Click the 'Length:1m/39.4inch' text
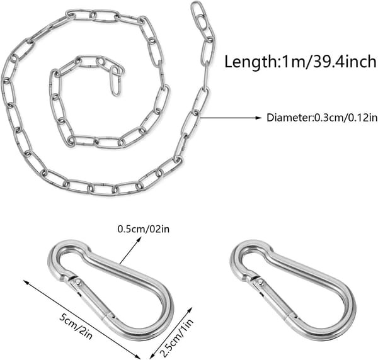pos(300,62)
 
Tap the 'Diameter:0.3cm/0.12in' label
pos(322,118)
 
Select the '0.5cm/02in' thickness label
pos(144,228)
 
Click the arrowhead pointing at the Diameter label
pos(258,118)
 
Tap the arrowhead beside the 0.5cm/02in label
pos(139,239)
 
